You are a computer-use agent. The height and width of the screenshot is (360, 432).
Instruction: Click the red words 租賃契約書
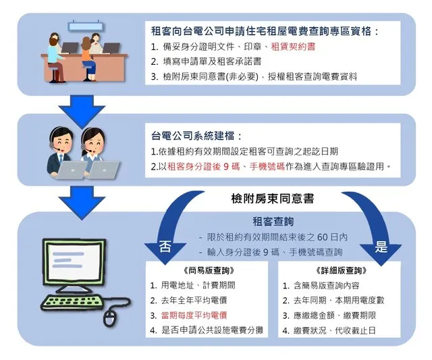pos(293,47)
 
